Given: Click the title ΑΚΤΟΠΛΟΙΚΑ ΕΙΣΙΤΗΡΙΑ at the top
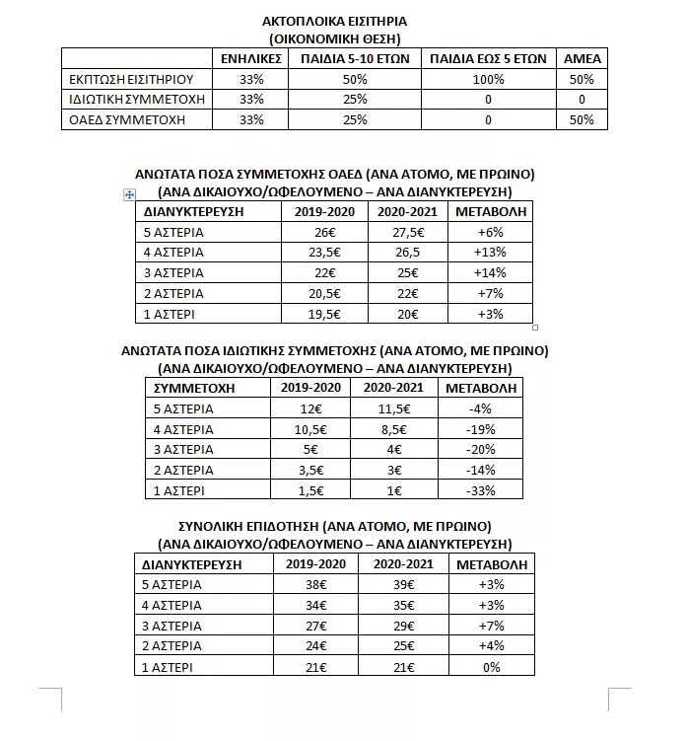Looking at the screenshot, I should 335,21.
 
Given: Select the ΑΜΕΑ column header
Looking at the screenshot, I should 581,58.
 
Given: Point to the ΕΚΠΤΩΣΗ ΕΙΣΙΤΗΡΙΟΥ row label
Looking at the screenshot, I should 130,78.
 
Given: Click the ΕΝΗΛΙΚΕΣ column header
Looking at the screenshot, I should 252,58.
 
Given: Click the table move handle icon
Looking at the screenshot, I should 129,195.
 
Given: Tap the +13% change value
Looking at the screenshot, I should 489,252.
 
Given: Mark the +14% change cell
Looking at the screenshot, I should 489,272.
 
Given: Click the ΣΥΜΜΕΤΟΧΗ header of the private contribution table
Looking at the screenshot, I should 200,388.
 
